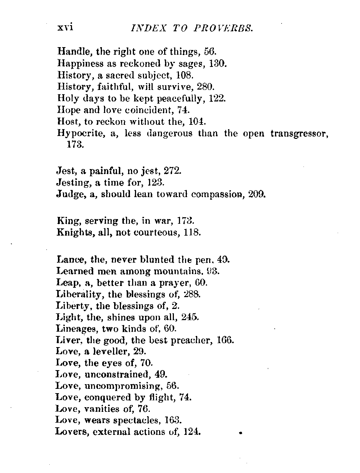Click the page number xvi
point(65,28)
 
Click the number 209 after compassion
point(257,194)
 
